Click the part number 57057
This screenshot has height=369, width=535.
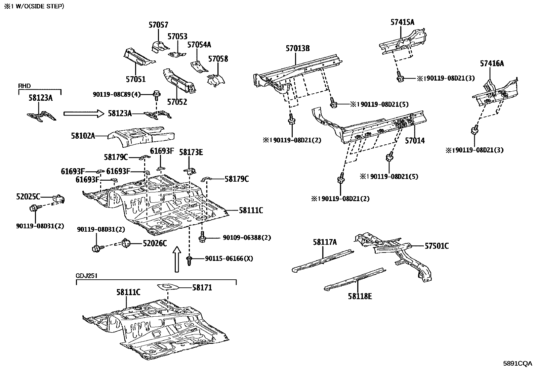tap(158, 25)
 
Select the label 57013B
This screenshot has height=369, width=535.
tap(297, 48)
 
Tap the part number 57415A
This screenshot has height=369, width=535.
tap(402, 22)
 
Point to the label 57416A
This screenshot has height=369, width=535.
tap(492, 63)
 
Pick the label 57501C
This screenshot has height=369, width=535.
tap(437, 246)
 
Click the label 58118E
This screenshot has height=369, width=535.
tap(360, 296)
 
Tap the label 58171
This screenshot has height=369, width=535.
tap(202, 288)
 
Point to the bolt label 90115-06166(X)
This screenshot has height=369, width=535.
tap(229, 259)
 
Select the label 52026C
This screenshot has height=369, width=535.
tap(155, 243)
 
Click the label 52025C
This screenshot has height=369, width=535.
tap(28, 196)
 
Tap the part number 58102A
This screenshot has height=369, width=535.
tap(83, 136)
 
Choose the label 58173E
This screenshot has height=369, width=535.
tap(191, 152)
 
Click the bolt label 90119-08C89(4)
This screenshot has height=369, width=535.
tap(117, 95)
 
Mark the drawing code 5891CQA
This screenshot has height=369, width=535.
tap(518, 363)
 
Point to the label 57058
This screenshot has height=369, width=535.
tap(218, 59)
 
